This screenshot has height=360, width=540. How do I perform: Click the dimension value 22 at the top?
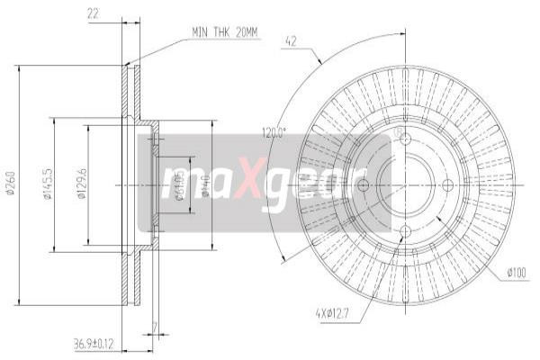[x=94, y=13]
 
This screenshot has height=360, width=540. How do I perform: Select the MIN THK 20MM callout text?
[x=224, y=32]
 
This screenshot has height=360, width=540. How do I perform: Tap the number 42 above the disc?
[x=291, y=40]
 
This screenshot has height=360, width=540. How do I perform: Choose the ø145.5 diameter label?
[x=46, y=186]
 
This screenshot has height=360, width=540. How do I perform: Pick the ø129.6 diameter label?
[x=80, y=186]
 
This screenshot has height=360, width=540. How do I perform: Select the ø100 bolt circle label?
[x=516, y=271]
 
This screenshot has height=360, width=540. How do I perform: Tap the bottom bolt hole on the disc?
[x=405, y=231]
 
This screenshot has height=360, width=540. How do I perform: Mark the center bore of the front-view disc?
[x=405, y=185]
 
